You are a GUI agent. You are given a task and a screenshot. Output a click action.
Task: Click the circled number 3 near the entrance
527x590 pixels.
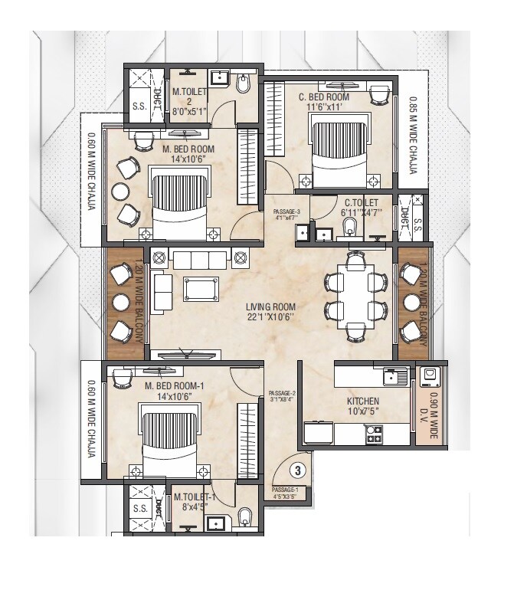tap(300, 468)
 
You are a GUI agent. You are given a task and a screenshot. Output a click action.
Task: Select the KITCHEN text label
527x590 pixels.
tap(362, 402)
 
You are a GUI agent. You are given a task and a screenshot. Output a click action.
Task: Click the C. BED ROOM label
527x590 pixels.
tap(324, 98)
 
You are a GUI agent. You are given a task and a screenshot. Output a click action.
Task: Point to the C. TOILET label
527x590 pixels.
tap(361, 203)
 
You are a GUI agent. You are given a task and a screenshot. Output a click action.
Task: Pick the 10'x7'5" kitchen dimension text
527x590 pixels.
tap(362, 413)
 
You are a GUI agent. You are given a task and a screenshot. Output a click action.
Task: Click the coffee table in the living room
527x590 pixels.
tap(199, 288)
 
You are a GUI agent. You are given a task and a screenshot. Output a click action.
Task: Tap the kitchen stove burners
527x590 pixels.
tap(375, 435)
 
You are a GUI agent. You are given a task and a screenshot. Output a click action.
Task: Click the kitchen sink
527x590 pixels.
tap(396, 376)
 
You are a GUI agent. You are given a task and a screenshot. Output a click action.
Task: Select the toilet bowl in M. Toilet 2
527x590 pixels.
tap(244, 84)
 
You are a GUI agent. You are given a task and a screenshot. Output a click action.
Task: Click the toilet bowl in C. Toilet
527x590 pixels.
tap(350, 228)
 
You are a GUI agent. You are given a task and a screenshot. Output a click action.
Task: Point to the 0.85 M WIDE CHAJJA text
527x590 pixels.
tap(412, 134)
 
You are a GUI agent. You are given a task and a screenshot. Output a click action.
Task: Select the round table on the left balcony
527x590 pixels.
tap(121, 302)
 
